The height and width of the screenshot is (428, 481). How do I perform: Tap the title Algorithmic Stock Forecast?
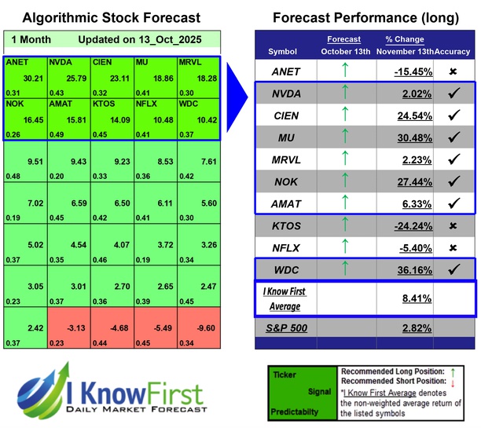coord(111,17)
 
